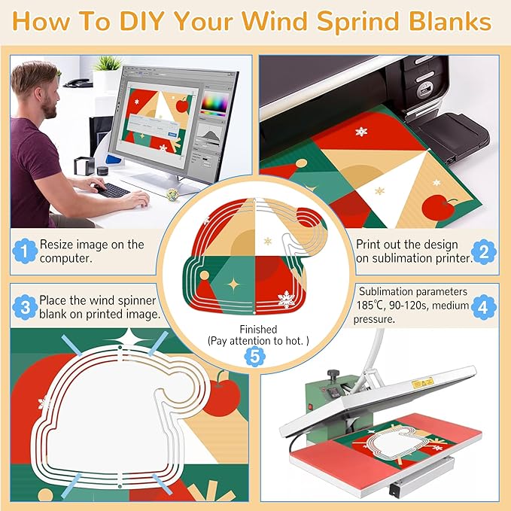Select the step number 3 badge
pos(25,306)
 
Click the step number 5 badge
pos(255,357)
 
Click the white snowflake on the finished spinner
pos(285,299)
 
